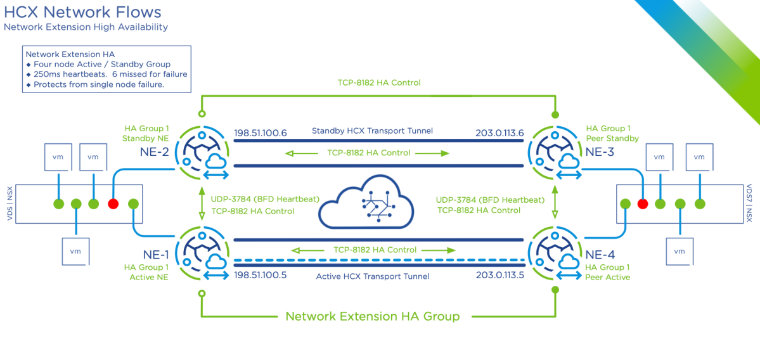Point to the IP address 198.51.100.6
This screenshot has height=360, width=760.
tap(261, 134)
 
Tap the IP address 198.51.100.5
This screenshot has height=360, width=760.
tap(261, 276)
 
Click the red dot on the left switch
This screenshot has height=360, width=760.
tap(113, 204)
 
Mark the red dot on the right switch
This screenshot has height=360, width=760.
tap(642, 204)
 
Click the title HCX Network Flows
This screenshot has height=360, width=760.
tap(82, 12)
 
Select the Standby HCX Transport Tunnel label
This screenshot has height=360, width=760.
tap(372, 131)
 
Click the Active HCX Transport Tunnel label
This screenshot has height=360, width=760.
tap(373, 276)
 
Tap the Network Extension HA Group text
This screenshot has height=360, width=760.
tap(372, 316)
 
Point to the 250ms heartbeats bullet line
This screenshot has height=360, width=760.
tap(106, 74)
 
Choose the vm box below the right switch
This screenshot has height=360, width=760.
tap(680, 251)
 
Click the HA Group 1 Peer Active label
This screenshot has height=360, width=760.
tap(607, 273)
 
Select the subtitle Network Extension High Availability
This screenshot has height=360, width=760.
tap(86, 27)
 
